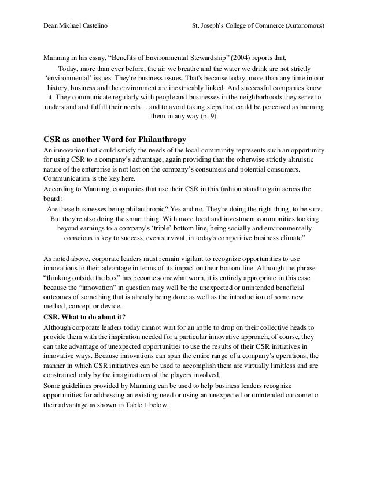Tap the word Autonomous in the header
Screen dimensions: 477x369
pyautogui.click(x=304, y=26)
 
